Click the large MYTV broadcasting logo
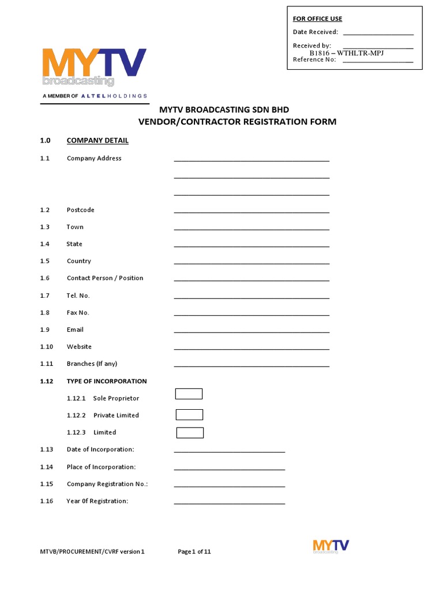point(94,67)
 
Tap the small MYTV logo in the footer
point(331,547)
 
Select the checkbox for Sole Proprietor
point(189,394)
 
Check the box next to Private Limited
point(189,415)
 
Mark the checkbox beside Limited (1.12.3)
point(190,433)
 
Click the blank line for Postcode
point(251,211)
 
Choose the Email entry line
point(251,331)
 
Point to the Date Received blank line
point(378,33)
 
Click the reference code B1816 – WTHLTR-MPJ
point(347,53)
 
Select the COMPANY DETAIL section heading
point(97,140)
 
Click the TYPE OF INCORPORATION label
point(107,381)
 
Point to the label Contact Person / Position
point(105,278)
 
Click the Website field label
point(79,347)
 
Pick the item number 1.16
point(46,501)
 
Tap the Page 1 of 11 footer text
point(194,552)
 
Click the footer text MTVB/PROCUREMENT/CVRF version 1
point(92,552)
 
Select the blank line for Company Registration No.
point(230,486)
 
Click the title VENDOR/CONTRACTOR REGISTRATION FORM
point(236,122)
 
